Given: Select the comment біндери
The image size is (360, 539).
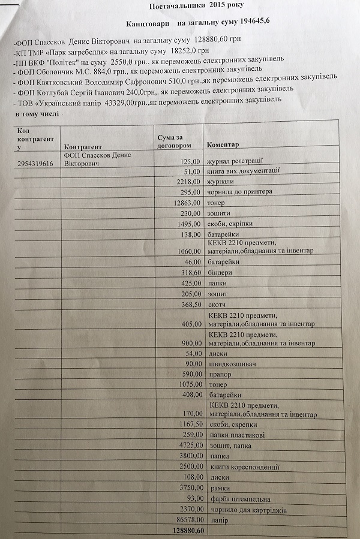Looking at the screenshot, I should click(x=223, y=272).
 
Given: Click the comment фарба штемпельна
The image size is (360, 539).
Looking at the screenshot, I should click(x=238, y=499).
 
